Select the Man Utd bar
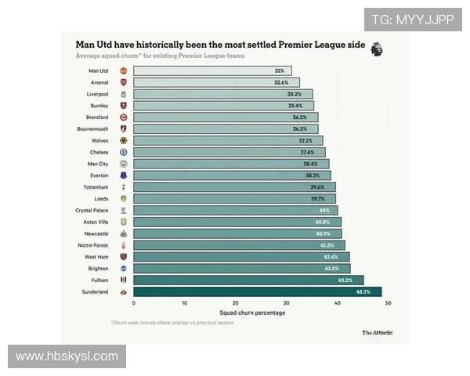(211, 70)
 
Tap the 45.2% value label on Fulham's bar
(345, 280)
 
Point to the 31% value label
(280, 70)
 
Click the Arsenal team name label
(99, 82)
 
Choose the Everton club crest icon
(123, 175)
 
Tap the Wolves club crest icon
(123, 140)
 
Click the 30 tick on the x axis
(286, 303)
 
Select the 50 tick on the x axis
(388, 303)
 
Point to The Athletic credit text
(378, 333)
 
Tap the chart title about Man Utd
(220, 45)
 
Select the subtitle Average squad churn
(160, 56)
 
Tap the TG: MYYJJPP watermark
(412, 20)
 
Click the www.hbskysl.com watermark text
(67, 356)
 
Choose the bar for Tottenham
(233, 187)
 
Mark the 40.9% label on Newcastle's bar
(323, 233)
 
